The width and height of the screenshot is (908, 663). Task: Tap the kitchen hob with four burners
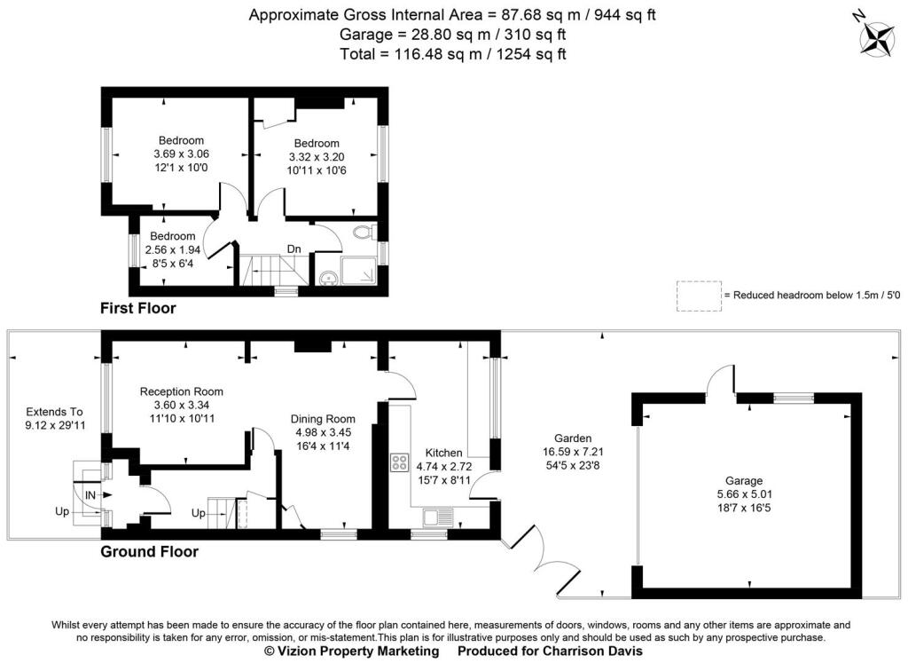click(398, 462)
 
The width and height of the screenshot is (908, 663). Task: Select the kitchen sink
click(438, 516)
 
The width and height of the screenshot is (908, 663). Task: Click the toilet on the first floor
click(361, 233)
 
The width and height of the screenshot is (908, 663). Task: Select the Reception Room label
click(182, 391)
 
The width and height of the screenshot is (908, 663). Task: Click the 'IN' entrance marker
click(90, 494)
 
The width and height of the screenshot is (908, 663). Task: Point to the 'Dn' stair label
click(294, 249)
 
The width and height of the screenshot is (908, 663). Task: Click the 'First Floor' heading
click(137, 309)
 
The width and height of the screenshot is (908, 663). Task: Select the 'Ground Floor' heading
click(149, 551)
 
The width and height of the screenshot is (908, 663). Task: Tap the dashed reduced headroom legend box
click(698, 296)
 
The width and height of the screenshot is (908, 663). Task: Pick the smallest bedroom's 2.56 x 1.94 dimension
click(172, 249)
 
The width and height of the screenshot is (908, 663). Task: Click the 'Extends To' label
click(54, 411)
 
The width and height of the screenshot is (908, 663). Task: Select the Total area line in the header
click(453, 53)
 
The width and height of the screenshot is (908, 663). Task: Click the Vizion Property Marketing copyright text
click(353, 651)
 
